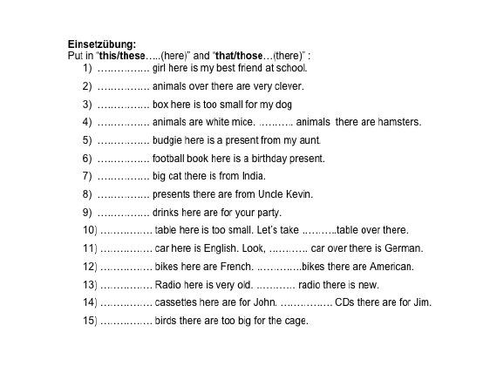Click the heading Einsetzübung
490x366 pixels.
click(102, 44)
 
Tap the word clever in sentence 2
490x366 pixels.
click(288, 86)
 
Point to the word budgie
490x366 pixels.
click(167, 140)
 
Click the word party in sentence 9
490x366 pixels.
click(281, 212)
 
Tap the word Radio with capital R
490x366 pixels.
click(167, 284)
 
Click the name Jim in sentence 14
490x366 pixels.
click(423, 302)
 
